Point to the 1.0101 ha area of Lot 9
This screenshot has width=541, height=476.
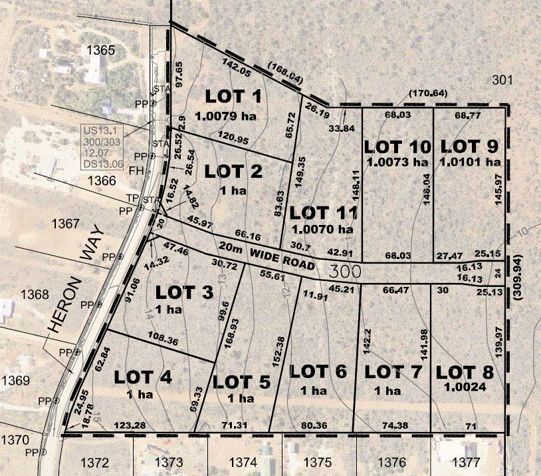[x=471, y=161]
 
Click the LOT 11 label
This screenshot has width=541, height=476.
[x=324, y=213]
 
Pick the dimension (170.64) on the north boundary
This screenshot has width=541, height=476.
[x=429, y=93]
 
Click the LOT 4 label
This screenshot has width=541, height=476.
[x=143, y=377]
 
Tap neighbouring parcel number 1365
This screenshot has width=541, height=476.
[x=101, y=50]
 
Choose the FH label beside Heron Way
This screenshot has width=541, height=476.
[x=136, y=170]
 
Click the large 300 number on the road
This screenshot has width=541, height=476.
[x=344, y=271]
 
